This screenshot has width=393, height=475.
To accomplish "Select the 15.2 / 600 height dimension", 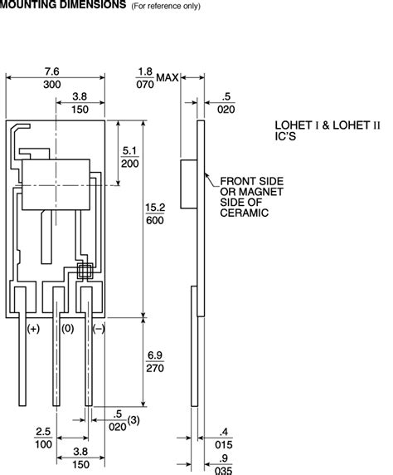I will tap(155, 213).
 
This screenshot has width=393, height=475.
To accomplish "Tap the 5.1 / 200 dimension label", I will tap(130, 157).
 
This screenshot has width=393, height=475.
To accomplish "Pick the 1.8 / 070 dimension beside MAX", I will tap(145, 78).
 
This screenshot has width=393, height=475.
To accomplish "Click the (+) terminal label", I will tap(33, 329).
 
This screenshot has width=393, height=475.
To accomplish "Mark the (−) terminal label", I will tap(97, 329).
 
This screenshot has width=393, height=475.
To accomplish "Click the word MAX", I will tap(168, 78).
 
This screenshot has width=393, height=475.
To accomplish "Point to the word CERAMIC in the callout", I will tap(245, 213).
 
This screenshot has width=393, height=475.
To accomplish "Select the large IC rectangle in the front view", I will tap(55, 184).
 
